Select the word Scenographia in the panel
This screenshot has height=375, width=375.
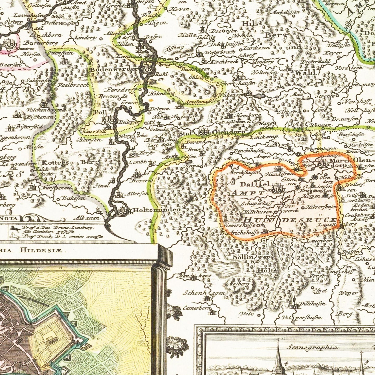[x=313, y=347]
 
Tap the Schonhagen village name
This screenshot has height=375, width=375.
[x=204, y=293]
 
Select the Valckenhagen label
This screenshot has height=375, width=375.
[x=44, y=110]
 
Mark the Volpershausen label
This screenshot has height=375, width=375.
[x=302, y=317]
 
